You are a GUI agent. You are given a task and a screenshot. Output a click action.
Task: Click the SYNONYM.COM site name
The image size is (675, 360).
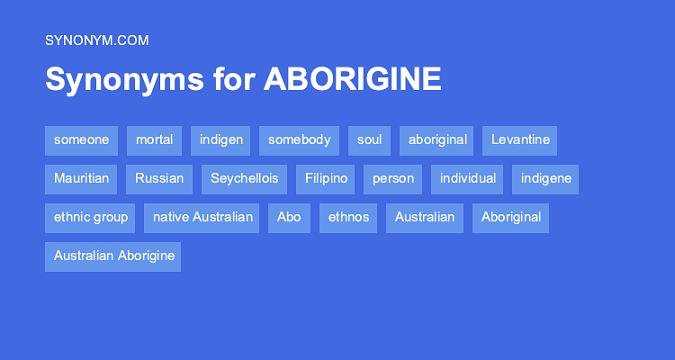tap(96, 40)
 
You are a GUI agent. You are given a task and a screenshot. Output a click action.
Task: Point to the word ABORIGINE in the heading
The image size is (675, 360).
tap(353, 80)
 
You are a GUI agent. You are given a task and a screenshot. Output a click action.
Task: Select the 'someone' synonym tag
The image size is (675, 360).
tap(81, 140)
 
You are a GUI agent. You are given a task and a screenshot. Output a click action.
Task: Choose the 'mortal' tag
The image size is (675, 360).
tap(155, 140)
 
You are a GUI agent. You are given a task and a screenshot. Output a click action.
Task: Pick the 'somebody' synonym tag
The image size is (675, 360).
tap(299, 140)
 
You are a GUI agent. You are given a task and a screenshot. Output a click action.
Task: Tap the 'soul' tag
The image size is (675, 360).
tap(369, 140)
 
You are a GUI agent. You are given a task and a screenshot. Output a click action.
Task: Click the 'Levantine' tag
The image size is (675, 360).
tap(519, 140)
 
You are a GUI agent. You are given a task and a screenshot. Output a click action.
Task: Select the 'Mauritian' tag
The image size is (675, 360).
tap(81, 179)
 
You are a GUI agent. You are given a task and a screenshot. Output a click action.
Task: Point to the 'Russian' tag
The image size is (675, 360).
tap(159, 179)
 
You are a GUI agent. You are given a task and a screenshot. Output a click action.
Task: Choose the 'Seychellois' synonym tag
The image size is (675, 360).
tap(244, 179)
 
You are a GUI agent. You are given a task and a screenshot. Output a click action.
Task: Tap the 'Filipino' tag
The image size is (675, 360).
tap(326, 179)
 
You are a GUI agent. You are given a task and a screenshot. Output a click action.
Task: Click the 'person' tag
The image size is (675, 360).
tap(393, 179)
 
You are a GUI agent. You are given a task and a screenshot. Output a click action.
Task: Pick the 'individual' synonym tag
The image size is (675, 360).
tap(468, 179)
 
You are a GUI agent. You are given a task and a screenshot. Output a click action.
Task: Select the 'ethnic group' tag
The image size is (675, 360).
tap(90, 218)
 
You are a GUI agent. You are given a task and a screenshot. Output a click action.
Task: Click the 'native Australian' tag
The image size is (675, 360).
tap(202, 218)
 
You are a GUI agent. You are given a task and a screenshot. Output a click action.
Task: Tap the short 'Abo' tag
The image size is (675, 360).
tap(289, 218)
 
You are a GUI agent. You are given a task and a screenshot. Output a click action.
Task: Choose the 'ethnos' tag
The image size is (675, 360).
tap(348, 218)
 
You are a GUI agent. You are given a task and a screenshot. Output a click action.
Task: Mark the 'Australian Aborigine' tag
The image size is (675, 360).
tap(112, 256)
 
